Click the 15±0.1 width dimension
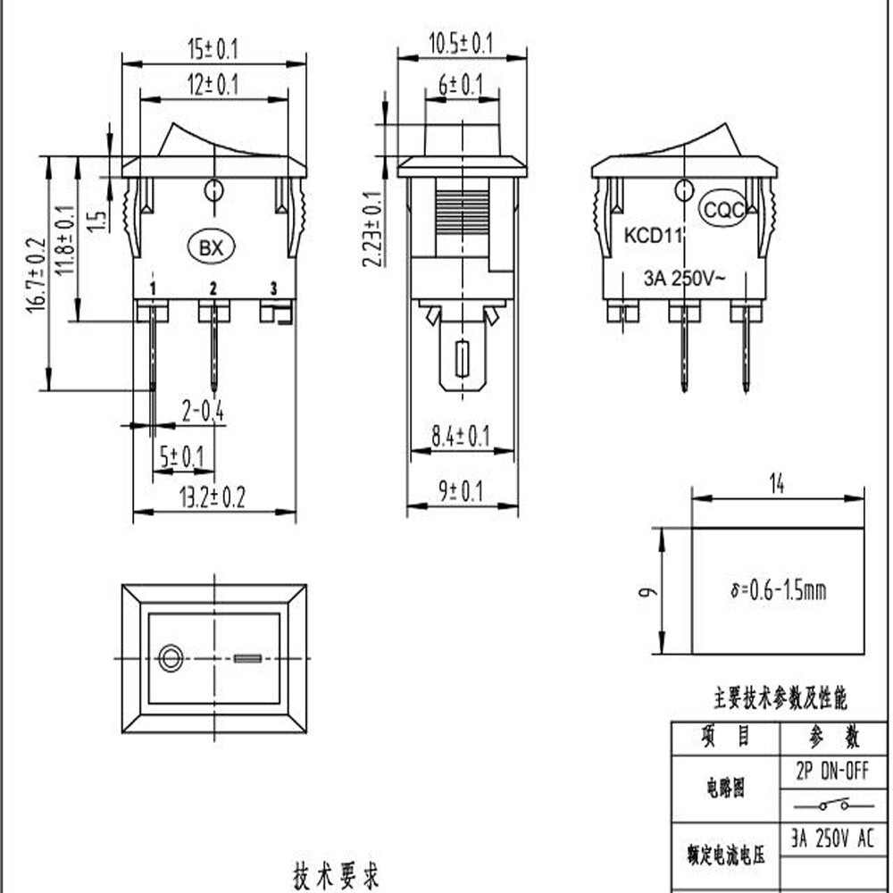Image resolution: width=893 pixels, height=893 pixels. coord(213,48)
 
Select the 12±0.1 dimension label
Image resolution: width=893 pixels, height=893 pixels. coord(213,85)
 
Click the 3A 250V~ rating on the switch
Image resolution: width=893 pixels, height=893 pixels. coord(685,277)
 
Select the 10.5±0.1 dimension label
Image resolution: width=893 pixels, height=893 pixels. coord(461,42)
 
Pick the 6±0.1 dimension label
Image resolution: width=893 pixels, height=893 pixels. coord(461,85)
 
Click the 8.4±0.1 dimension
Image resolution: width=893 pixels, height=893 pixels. coord(461,437)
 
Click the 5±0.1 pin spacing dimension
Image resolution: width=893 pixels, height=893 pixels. coord(181,457)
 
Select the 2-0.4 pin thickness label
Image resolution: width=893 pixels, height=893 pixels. coord(203,411)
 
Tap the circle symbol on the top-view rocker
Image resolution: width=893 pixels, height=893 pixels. coord(168,659)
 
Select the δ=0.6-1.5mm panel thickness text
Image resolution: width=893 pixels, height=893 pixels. coord(777,590)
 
